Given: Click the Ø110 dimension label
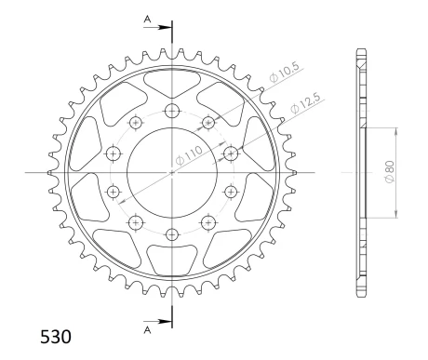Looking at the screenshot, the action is coord(189,154).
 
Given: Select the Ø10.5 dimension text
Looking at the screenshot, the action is coord(285,72).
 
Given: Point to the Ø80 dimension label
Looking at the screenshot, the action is coord(389,171).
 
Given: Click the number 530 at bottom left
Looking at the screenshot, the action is coord(56,337).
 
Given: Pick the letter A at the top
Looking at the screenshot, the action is coord(147,20).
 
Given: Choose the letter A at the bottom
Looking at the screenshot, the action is coord(147,330).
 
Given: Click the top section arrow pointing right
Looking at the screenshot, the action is coord(157,27).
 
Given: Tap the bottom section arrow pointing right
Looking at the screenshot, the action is coord(157,322).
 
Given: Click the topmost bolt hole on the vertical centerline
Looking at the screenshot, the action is coord(172,111).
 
